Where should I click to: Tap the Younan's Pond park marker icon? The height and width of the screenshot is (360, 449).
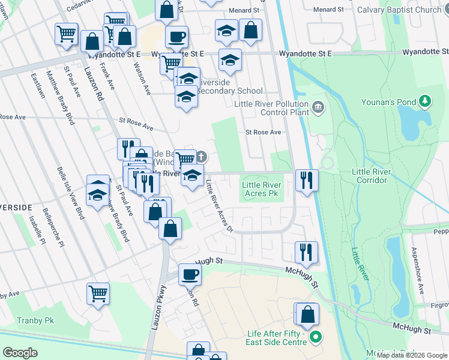tap(426, 101)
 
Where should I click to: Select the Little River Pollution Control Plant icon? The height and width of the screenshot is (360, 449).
tap(318, 108)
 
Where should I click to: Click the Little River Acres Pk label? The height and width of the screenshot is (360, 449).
tap(261, 190)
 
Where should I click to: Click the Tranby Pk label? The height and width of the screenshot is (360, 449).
tap(35, 321)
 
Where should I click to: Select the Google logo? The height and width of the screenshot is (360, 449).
tap(20, 353)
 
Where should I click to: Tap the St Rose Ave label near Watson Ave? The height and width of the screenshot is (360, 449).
tap(135, 123)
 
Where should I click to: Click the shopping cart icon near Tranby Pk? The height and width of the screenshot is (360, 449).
tap(98, 294)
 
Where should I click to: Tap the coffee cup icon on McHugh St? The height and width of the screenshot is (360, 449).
tap(190, 275)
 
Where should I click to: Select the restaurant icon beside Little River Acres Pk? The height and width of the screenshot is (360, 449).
tap(306, 180)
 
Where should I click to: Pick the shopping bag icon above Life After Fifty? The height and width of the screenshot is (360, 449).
tap(307, 314)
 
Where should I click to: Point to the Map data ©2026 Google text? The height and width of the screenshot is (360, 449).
tap(412, 355)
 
